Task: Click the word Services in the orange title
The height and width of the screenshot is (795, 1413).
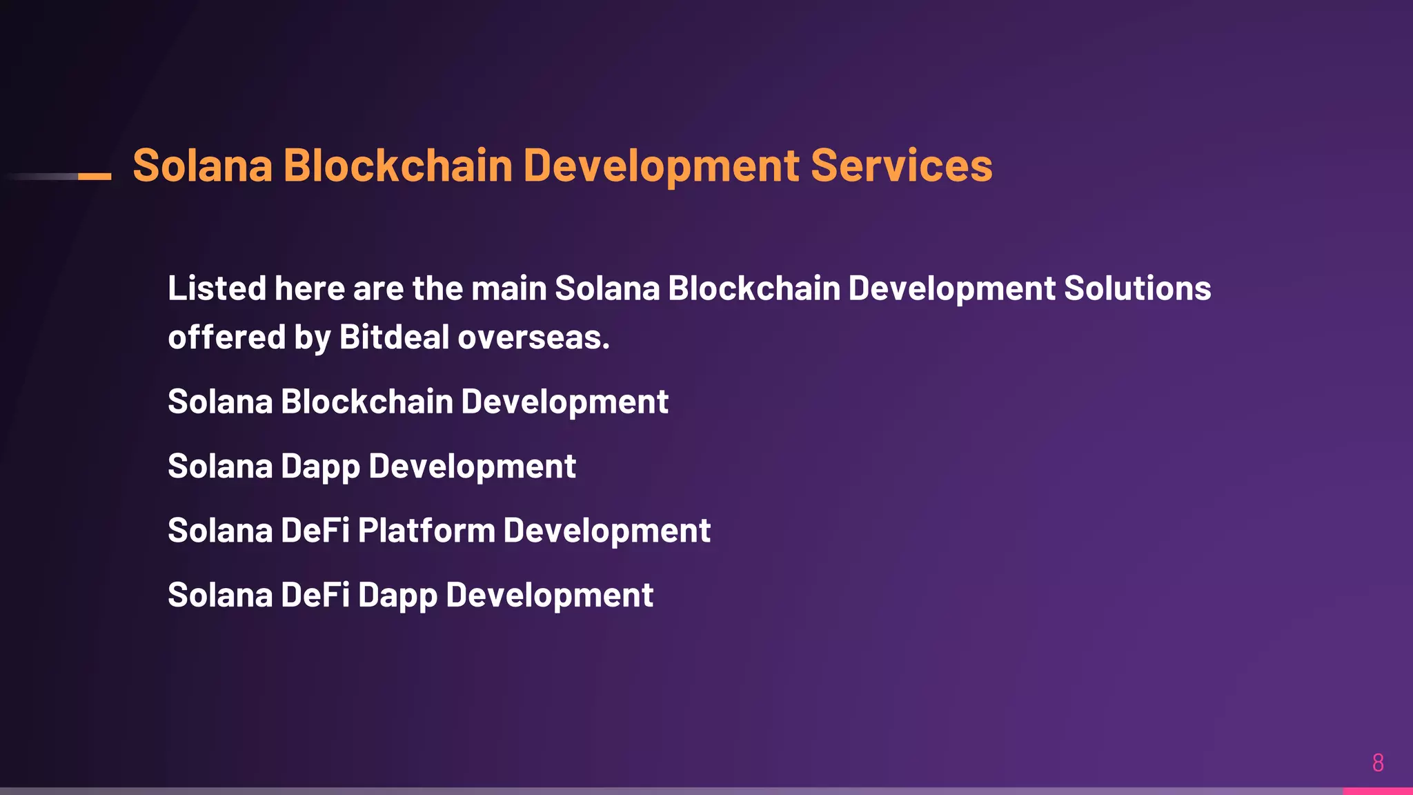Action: (901, 166)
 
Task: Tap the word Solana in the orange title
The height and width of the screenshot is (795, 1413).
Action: (202, 166)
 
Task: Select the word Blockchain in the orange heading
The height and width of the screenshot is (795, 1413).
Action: (397, 166)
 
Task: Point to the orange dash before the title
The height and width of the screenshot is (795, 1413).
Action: (95, 177)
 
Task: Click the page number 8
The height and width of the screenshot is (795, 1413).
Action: (1378, 763)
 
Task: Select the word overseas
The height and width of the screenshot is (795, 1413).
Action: (533, 337)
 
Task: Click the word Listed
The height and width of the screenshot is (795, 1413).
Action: (217, 288)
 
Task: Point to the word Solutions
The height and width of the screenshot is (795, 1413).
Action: (1137, 288)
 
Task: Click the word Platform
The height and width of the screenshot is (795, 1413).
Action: (426, 531)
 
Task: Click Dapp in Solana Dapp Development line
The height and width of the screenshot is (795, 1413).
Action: (320, 467)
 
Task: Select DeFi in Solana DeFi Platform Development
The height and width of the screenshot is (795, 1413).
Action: (315, 531)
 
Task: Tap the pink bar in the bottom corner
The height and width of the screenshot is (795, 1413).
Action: (1377, 791)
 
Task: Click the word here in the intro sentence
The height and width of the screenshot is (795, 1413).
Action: (309, 288)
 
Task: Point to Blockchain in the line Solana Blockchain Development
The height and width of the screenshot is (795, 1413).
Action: (366, 402)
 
